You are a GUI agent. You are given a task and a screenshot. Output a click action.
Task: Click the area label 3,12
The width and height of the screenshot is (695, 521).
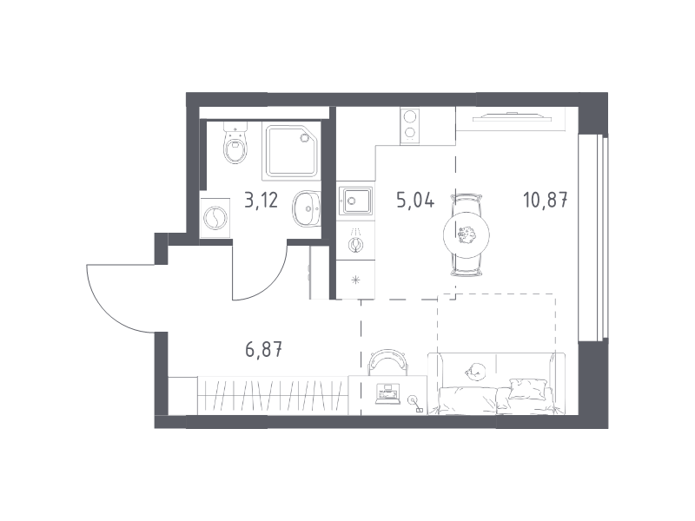coord(261,201)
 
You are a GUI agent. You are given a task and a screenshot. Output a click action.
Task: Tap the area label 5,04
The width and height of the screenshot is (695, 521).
coord(415,201)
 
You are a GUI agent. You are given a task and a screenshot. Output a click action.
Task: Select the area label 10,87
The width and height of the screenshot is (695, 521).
coord(546,201)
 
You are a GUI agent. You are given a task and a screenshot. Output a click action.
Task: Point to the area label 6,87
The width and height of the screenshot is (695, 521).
coord(264,350)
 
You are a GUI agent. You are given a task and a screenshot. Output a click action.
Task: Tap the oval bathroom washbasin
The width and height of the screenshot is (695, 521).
coord(307,209)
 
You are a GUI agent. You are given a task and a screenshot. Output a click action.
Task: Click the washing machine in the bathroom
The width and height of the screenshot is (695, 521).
coord(215,218)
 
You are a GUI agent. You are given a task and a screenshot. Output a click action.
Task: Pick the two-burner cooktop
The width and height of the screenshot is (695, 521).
coord(409,126)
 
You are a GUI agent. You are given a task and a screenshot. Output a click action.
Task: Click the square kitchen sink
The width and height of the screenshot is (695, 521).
coord(355,201)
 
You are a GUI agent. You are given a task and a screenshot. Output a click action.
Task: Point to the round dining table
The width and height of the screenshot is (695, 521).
coord(467,235)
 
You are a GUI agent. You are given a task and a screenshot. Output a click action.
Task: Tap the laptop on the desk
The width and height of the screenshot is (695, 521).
coord(386,394)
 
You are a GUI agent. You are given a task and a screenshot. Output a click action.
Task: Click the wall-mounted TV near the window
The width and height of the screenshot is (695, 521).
coord(513,117)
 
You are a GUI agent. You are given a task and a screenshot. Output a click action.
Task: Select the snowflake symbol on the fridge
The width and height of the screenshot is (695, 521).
coord(355,280)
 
